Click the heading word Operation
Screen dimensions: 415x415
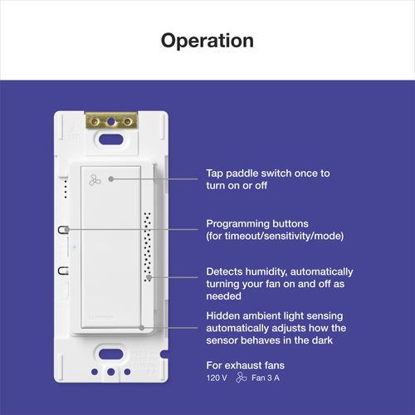point(207,40)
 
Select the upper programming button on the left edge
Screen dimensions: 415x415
point(62,229)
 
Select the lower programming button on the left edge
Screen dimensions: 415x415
point(62,270)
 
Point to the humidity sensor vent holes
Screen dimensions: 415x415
point(147,246)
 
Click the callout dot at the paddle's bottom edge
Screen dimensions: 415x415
point(142,328)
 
